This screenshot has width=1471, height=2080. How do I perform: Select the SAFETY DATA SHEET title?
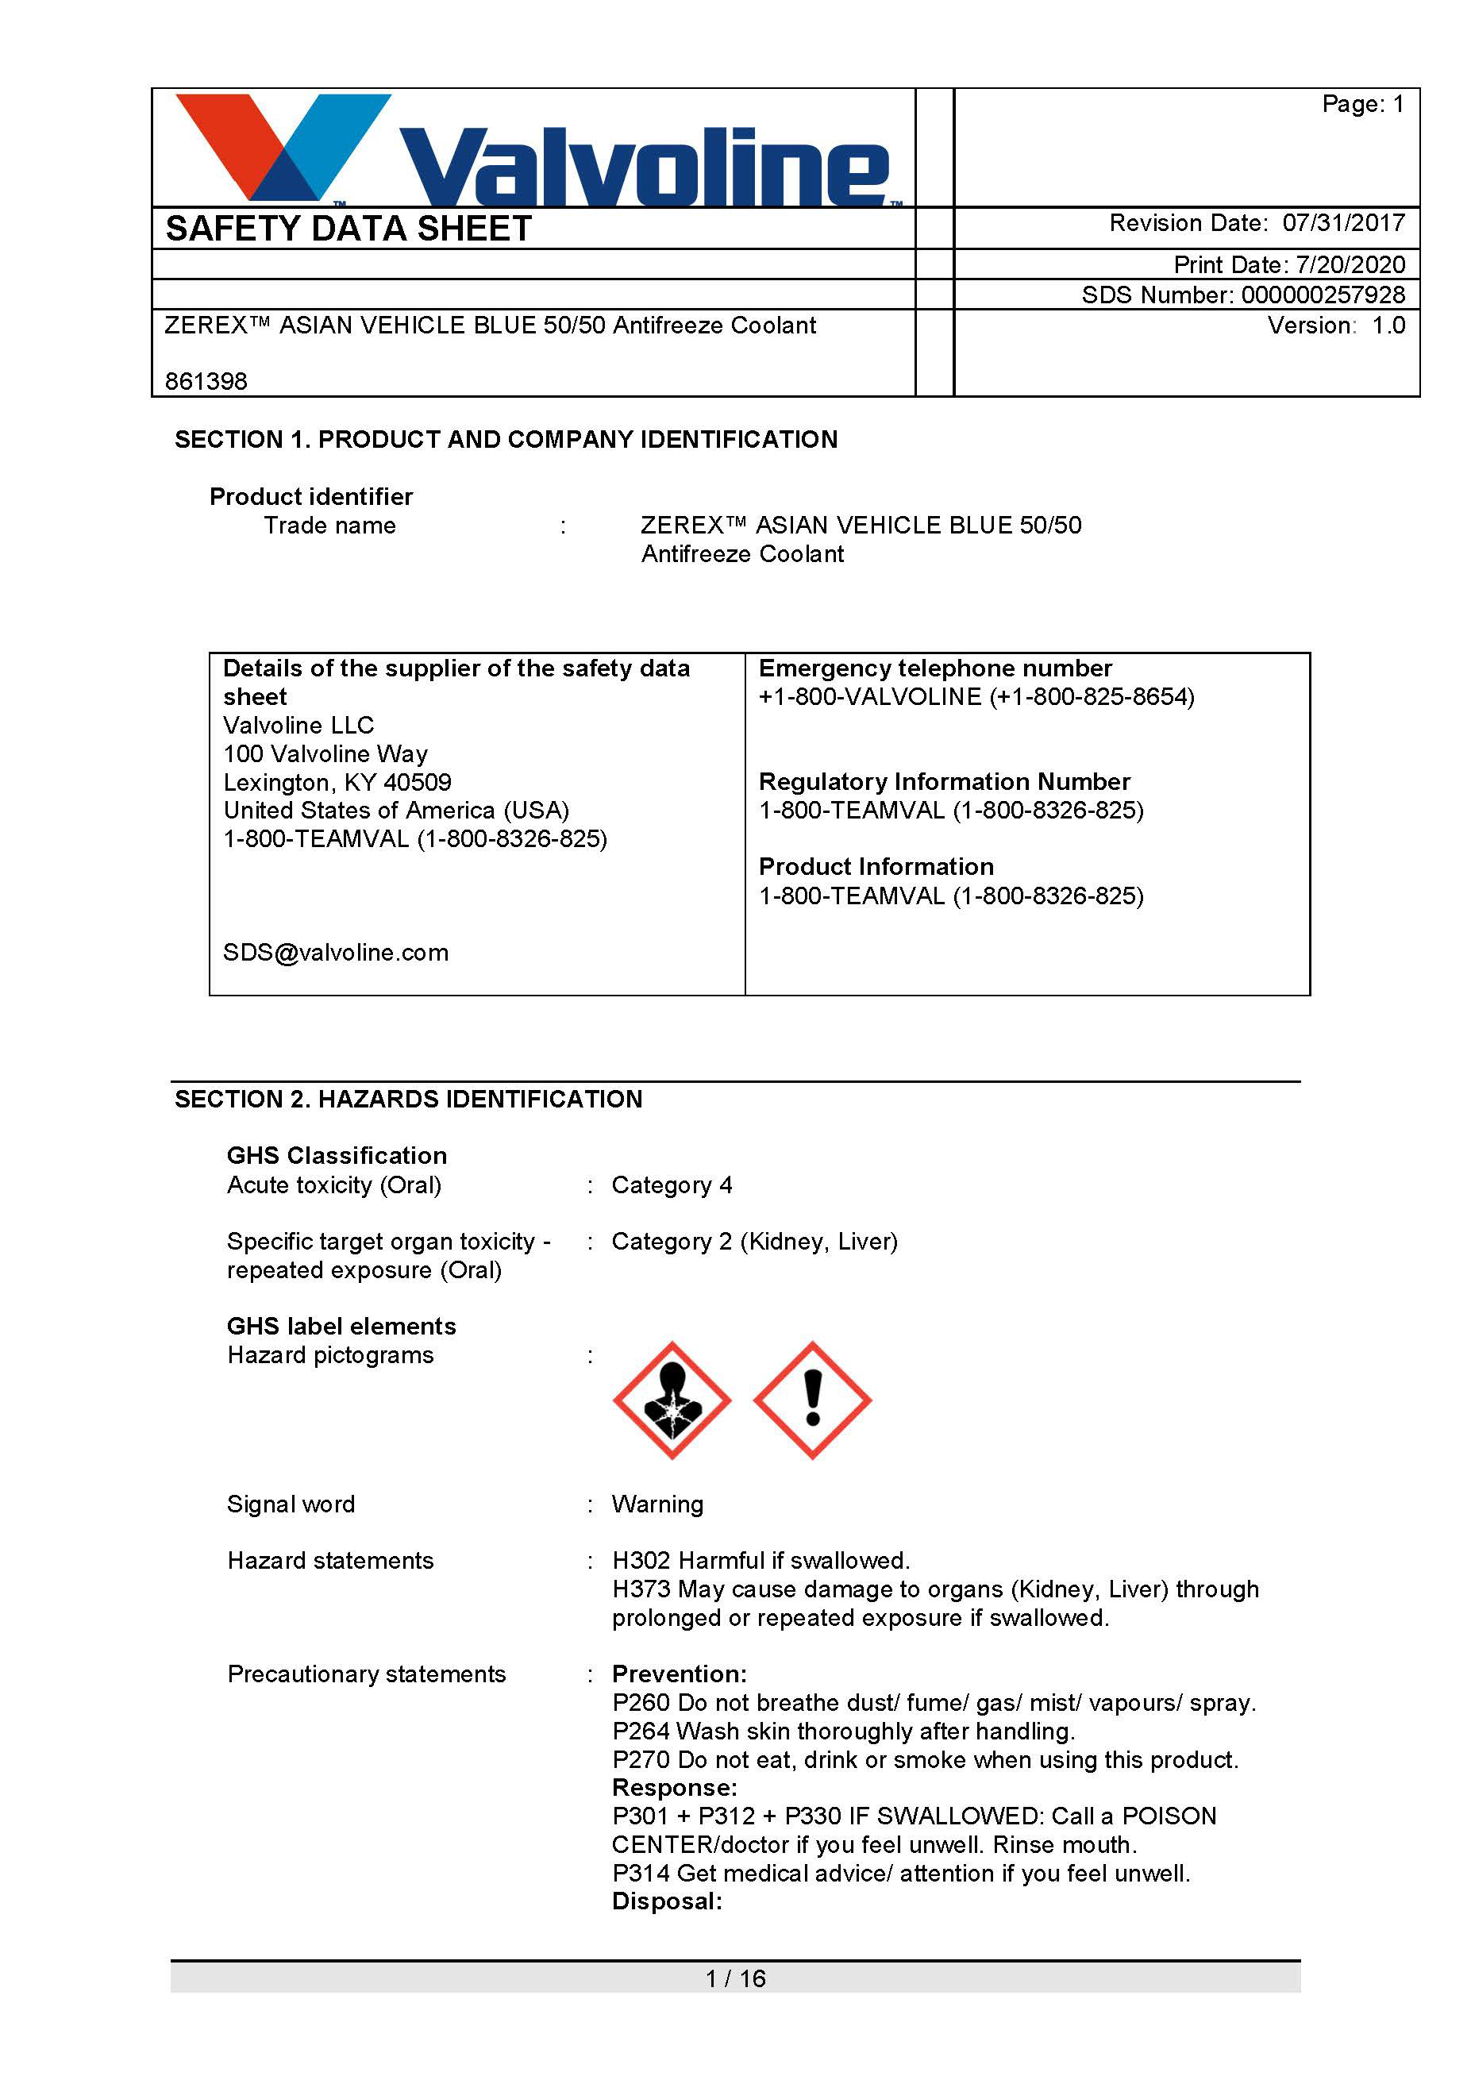tap(348, 229)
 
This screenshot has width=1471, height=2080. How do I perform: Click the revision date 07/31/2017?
tap(1343, 223)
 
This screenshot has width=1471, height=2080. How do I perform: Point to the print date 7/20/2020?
tap(1350, 264)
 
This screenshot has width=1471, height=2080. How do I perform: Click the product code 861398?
tap(206, 381)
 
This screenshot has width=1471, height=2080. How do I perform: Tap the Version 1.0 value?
tap(1388, 325)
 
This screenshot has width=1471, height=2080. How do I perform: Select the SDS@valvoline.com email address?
tap(336, 952)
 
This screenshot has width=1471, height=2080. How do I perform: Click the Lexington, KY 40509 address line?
tap(337, 782)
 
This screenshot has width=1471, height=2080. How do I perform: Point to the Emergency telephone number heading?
tap(935, 668)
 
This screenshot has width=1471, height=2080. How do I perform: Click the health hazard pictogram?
tap(672, 1400)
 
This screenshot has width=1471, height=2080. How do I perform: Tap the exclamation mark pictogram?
tap(812, 1400)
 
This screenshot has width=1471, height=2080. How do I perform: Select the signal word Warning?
tap(657, 1504)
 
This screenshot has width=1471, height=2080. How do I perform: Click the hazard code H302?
tap(641, 1560)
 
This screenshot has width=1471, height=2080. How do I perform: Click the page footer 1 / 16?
tap(735, 1978)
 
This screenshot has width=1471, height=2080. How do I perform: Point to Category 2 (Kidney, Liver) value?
tap(754, 1241)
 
